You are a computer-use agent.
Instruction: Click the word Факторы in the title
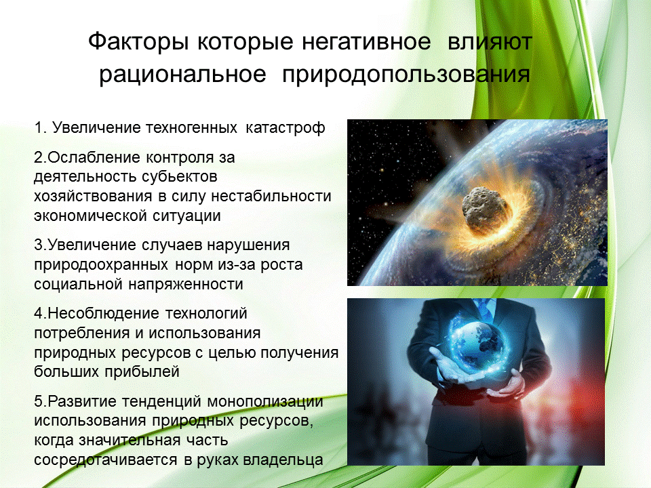click(x=140, y=42)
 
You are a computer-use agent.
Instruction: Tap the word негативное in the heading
click(x=366, y=42)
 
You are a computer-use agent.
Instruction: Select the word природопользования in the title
click(x=406, y=75)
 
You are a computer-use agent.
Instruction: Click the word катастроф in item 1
click(x=285, y=128)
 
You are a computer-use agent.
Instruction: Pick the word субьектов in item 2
click(x=179, y=177)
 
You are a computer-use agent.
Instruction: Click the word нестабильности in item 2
click(x=271, y=196)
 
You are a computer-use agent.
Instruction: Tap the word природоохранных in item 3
click(x=101, y=265)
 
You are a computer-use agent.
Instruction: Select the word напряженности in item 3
click(x=186, y=285)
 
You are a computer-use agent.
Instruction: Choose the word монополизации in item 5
click(x=265, y=402)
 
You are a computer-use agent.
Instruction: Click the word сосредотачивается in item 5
click(x=108, y=460)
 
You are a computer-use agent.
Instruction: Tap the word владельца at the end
click(x=283, y=460)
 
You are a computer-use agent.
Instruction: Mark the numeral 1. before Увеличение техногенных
click(x=40, y=128)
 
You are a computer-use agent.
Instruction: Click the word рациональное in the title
click(x=182, y=75)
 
